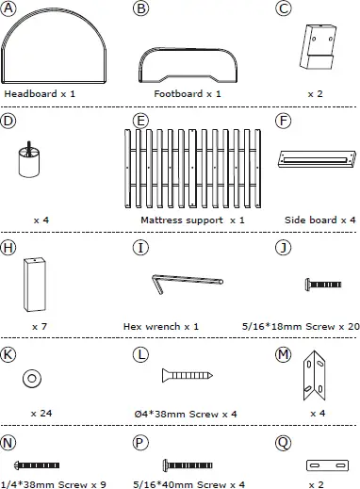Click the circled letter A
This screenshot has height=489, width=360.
9,9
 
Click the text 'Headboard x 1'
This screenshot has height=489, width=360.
42,94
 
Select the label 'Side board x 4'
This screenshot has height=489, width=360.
320,220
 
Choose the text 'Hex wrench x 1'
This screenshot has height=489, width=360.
161,326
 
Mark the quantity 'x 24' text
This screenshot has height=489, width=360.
41,413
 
